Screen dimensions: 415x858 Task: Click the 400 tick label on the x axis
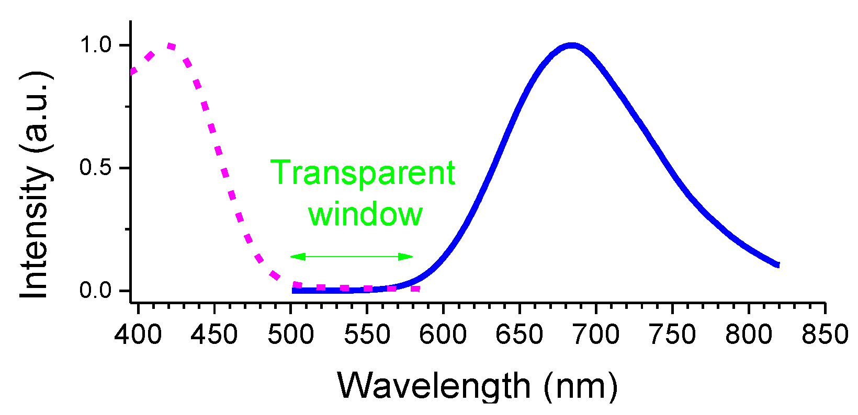click(x=138, y=335)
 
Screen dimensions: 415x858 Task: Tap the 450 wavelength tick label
click(x=214, y=335)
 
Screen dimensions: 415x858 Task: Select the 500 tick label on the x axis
click(x=290, y=335)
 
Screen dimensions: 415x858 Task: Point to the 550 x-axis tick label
click(x=367, y=335)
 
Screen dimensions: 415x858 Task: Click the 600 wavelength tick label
click(x=443, y=335)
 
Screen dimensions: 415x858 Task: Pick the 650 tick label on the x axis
click(x=520, y=335)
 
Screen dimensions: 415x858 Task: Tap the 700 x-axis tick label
click(x=596, y=335)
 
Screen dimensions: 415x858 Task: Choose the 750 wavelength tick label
click(x=672, y=335)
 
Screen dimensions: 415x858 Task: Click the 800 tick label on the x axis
click(x=749, y=335)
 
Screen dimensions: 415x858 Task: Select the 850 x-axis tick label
click(x=825, y=335)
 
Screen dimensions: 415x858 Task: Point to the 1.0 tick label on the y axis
click(x=96, y=45)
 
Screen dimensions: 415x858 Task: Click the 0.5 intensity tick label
click(x=96, y=168)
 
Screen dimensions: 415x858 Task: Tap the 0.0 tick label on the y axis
click(x=96, y=291)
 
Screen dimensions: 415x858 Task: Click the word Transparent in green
click(x=363, y=173)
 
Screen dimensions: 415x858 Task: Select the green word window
click(x=365, y=214)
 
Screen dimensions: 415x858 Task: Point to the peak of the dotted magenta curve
click(x=169, y=46)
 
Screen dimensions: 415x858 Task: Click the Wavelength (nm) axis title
click(x=477, y=386)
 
